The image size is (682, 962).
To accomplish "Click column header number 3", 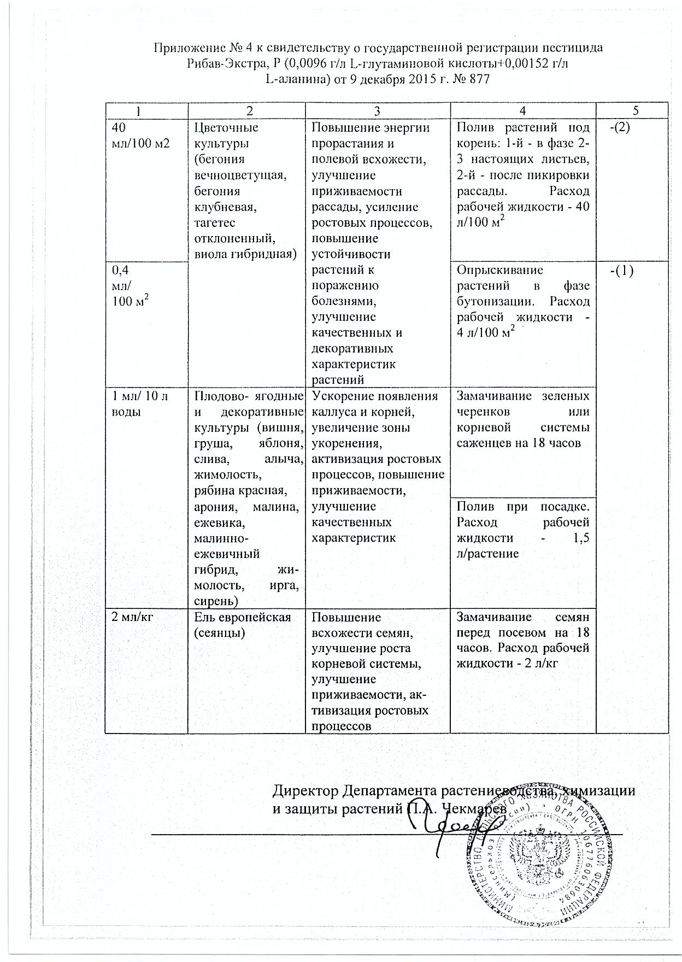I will point(378,110).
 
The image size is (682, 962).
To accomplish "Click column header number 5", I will point(636,110).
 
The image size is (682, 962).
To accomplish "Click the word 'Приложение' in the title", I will point(183,48).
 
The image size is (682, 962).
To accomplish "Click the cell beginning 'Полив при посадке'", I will point(523,529).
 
